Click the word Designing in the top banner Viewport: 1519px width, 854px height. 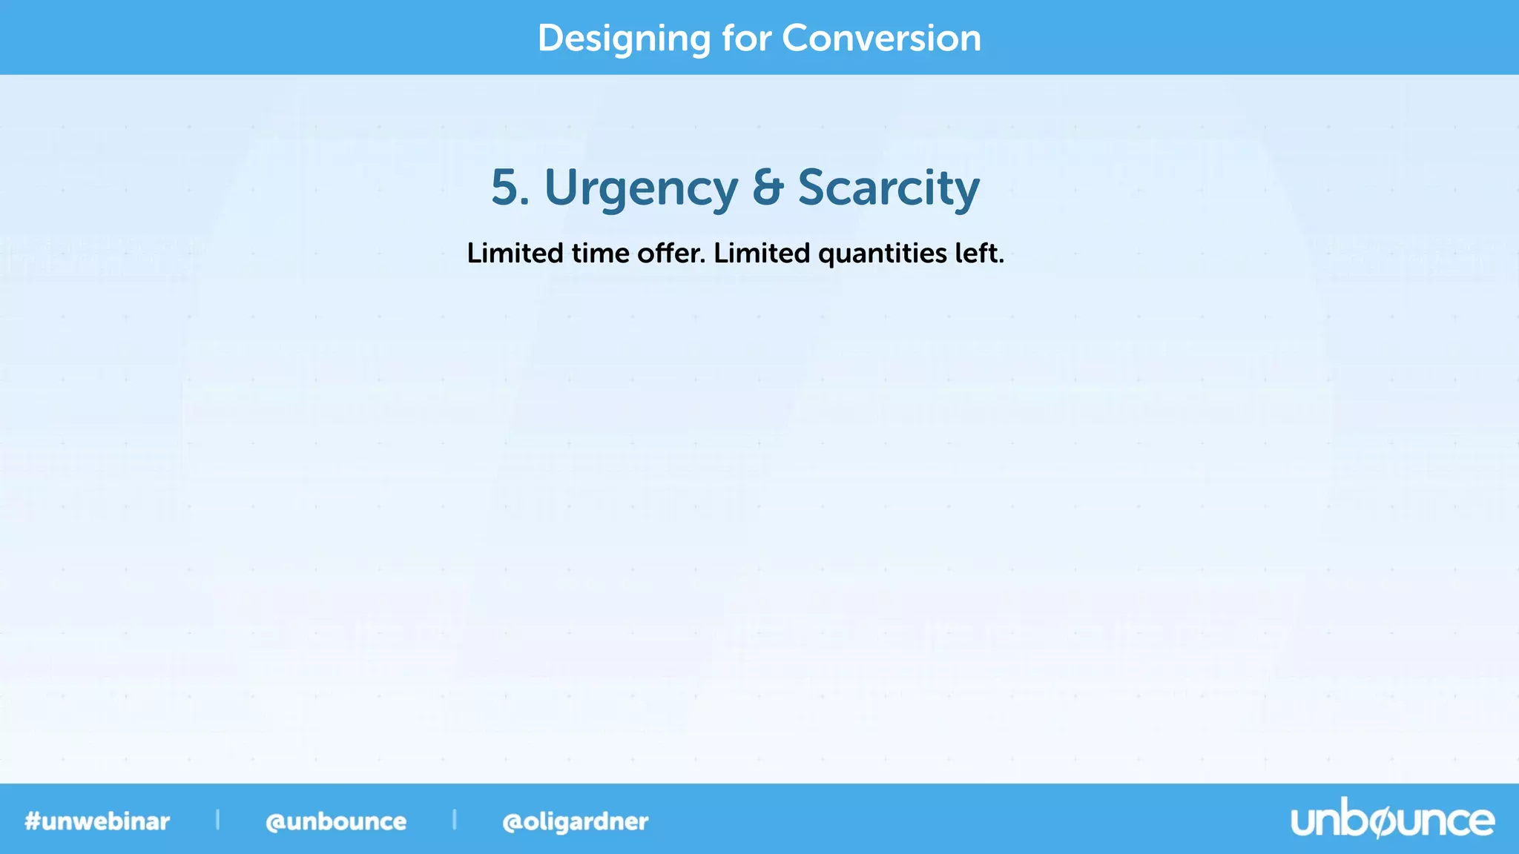(624, 39)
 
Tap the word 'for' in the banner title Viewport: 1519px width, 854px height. (747, 38)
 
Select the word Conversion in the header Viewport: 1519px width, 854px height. (881, 38)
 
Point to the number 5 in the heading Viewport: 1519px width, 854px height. (504, 187)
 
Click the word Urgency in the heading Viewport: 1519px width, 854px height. (641, 188)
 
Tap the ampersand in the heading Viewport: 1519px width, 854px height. (768, 187)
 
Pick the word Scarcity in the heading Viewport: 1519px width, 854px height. (889, 188)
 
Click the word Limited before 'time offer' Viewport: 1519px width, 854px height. (515, 254)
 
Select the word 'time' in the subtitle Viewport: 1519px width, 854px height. (600, 254)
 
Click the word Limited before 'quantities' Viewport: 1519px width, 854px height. (762, 254)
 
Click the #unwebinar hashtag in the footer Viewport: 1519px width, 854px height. (97, 821)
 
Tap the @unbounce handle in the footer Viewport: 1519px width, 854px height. (336, 821)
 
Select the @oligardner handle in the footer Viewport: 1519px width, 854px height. (576, 821)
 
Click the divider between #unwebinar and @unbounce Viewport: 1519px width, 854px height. (217, 820)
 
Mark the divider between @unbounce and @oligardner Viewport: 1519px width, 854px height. (454, 820)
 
